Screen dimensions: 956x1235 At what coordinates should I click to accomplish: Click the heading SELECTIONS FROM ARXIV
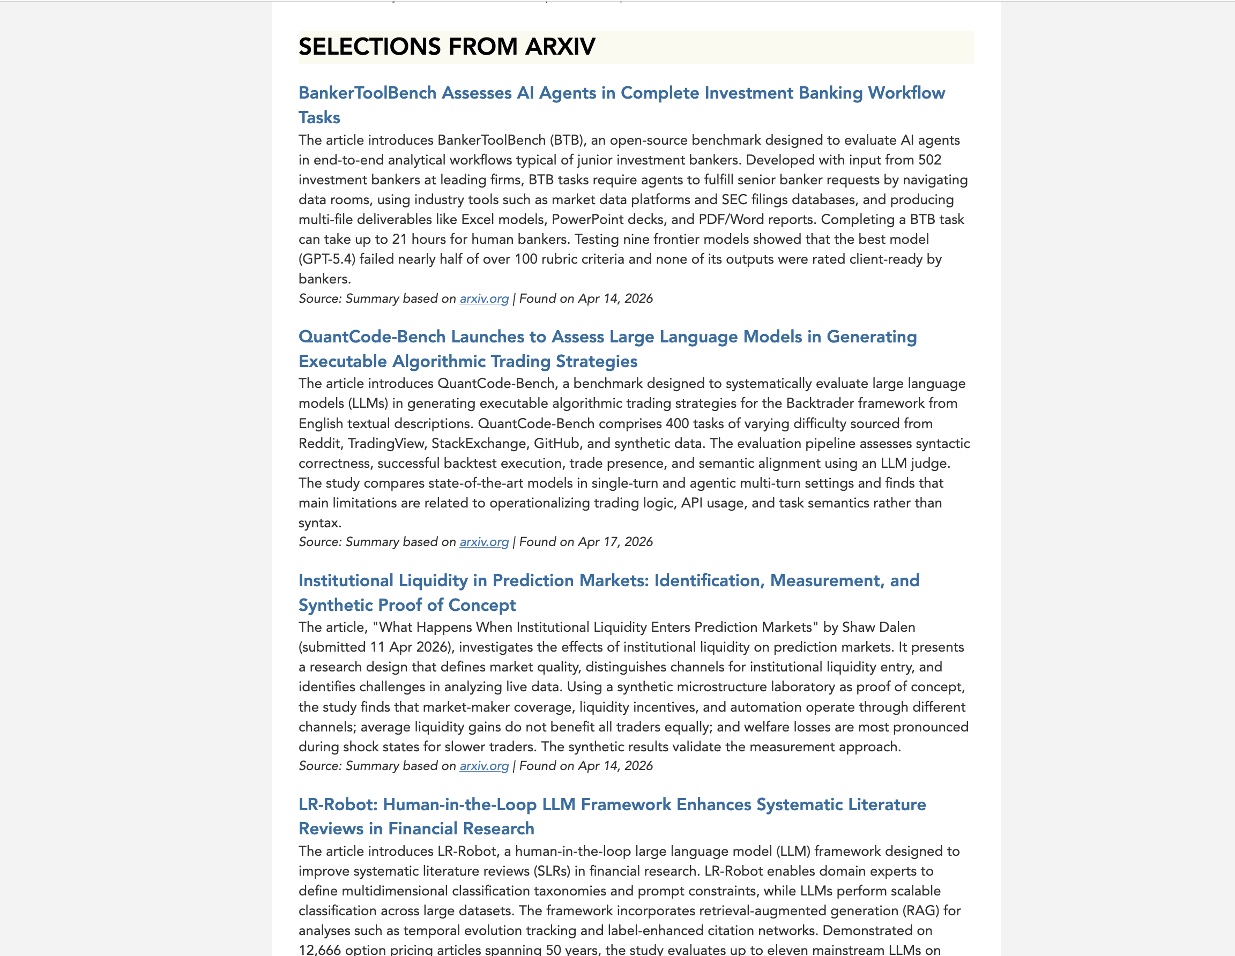[x=447, y=47]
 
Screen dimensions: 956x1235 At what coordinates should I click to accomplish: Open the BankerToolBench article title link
[x=621, y=93]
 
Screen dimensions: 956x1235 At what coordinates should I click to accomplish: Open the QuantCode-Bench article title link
[x=607, y=337]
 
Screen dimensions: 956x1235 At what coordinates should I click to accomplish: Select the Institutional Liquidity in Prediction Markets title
[x=608, y=580]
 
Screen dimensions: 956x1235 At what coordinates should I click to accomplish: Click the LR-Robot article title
[x=612, y=804]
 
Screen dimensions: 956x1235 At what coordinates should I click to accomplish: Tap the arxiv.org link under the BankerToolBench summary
[x=484, y=298]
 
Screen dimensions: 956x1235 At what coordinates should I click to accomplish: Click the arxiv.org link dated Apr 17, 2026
[x=484, y=542]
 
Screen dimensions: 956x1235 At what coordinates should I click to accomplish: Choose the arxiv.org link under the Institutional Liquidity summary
[x=484, y=766]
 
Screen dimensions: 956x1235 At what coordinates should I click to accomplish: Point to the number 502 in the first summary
[x=929, y=160]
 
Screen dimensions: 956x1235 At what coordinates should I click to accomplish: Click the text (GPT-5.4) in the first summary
[x=327, y=259]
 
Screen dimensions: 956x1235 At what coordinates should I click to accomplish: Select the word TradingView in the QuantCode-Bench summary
[x=385, y=444]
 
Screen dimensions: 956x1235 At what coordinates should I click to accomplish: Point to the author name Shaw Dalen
[x=878, y=628]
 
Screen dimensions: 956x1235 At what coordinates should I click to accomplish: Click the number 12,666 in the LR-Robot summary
[x=319, y=950]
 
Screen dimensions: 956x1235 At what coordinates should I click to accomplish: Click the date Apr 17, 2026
[x=615, y=542]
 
